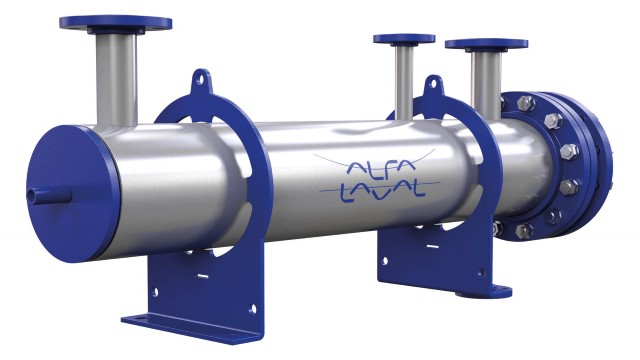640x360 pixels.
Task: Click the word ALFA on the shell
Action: click(x=375, y=167)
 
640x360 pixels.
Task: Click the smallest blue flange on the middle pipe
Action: click(x=404, y=40)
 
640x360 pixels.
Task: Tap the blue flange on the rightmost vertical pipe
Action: click(x=485, y=44)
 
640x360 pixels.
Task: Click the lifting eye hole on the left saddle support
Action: click(x=203, y=77)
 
